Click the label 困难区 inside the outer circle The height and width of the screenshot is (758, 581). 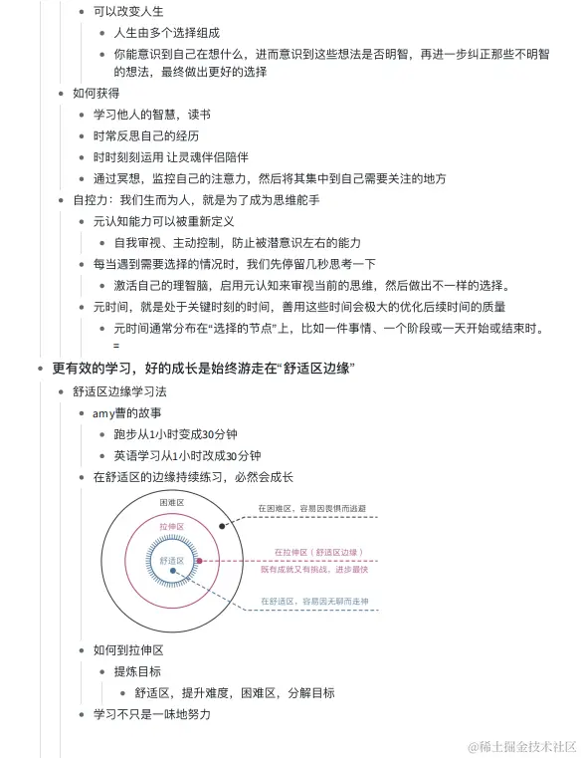tap(173, 503)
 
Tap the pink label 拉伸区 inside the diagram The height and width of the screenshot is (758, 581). tap(172, 525)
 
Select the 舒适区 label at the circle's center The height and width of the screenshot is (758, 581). tap(172, 562)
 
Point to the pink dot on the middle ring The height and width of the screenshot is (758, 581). tap(200, 562)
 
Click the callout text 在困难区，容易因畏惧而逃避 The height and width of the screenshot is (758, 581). tap(311, 509)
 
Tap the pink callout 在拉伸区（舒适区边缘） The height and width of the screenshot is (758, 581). tap(315, 552)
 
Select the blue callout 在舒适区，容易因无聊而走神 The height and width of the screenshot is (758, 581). tap(314, 602)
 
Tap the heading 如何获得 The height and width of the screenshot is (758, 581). tap(96, 93)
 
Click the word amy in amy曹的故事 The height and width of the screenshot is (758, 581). tap(103, 412)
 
